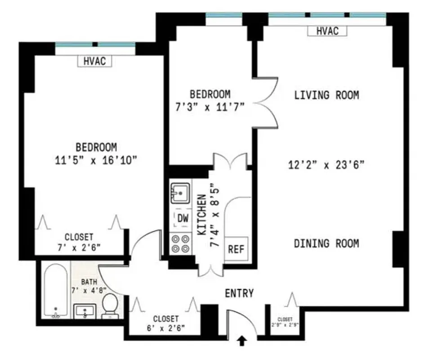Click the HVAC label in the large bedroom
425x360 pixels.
95,61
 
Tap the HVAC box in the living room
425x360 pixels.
327,31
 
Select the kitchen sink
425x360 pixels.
180,193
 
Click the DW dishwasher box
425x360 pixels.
183,219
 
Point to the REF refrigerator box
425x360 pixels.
236,249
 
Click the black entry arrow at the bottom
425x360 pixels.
242,342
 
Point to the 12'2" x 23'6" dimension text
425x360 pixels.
326,165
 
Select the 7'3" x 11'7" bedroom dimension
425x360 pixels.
210,108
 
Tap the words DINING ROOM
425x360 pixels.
327,243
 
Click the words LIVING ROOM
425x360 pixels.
327,95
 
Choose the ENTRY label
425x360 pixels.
239,293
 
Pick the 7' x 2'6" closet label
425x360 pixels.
79,247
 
